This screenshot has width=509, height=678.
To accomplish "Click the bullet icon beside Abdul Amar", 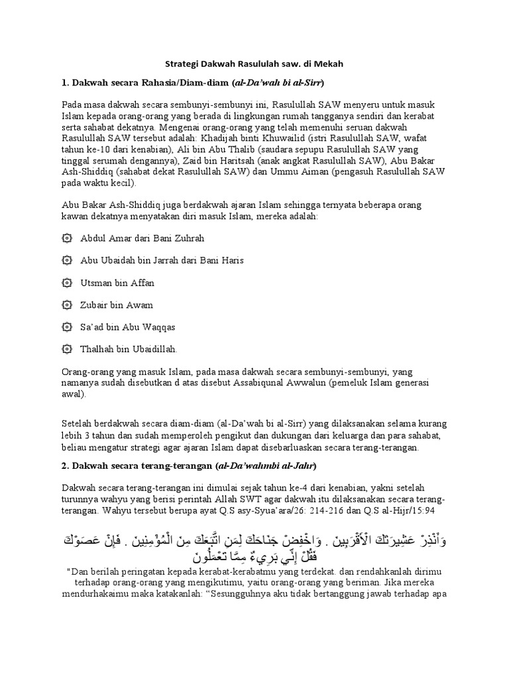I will [66, 238].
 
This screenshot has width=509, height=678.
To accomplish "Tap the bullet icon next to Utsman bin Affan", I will [66, 283].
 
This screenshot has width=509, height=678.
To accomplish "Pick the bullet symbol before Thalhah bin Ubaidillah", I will [66, 349].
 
